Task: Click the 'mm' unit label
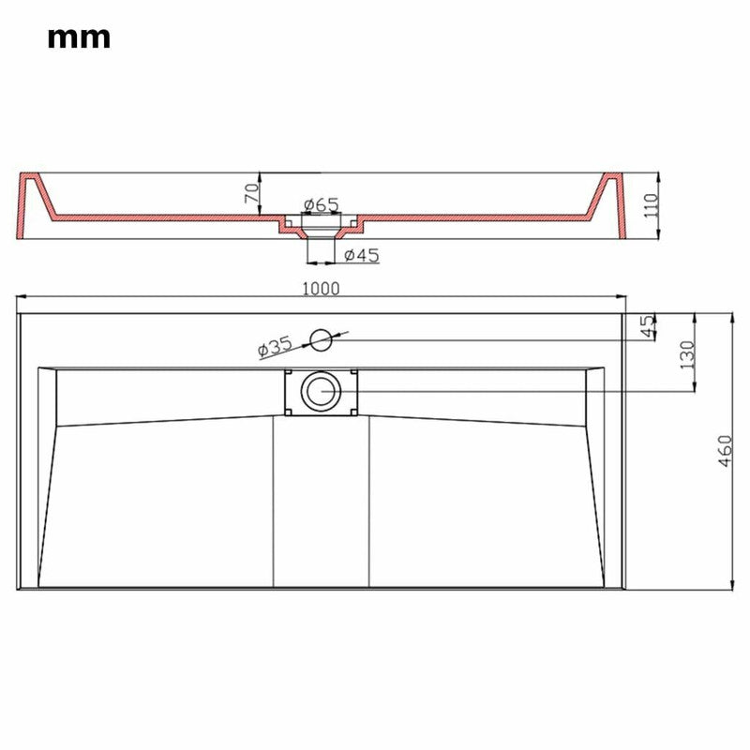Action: (x=79, y=37)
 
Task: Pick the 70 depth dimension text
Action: (x=251, y=195)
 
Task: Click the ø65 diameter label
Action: (x=321, y=204)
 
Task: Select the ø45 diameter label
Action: (x=361, y=255)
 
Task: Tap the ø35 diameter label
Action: (x=275, y=347)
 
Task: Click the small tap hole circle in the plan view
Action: (x=322, y=339)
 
